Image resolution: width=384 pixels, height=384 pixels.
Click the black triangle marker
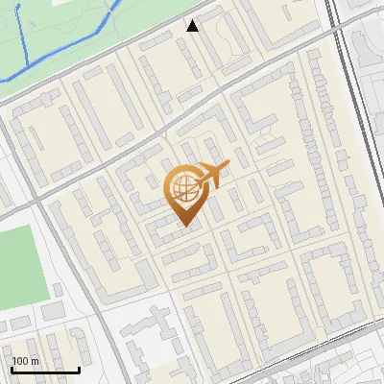point(193,26)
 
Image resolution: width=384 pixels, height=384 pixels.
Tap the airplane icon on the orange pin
point(210,176)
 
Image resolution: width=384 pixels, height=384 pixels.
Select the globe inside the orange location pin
point(183,190)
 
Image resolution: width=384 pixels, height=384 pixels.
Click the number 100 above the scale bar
point(20,362)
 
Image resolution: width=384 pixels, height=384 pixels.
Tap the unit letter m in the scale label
point(35,362)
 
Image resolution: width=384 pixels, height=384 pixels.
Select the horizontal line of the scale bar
point(45,370)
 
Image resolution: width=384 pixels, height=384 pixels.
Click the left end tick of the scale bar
point(12,369)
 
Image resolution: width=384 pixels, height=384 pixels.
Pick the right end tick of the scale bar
point(79,369)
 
